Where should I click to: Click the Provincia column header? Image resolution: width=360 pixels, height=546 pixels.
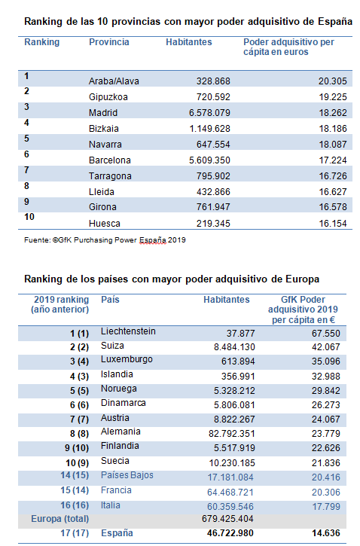tap(109, 42)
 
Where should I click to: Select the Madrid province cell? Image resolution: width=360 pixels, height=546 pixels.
tap(103, 113)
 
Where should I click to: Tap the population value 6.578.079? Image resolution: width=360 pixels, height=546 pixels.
tap(209, 113)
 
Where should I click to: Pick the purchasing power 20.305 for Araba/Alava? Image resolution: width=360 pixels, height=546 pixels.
tap(332, 81)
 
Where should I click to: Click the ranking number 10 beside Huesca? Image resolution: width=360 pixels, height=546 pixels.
tap(29, 217)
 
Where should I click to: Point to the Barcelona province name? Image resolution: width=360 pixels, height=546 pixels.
tap(110, 160)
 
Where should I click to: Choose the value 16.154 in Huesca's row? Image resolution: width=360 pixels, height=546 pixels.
tap(333, 224)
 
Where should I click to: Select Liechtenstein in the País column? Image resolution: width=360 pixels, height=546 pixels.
tap(128, 331)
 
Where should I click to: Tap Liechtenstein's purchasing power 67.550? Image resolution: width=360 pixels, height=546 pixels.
tap(326, 333)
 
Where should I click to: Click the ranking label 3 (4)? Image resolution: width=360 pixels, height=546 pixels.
tap(79, 361)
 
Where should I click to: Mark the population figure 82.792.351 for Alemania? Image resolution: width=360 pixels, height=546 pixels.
tap(231, 434)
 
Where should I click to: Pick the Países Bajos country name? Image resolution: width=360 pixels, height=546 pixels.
tap(127, 475)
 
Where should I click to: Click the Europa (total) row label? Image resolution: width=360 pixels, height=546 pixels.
tap(60, 519)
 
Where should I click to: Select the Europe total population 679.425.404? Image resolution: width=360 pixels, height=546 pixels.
tap(227, 519)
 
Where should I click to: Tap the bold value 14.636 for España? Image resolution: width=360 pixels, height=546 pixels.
tap(326, 533)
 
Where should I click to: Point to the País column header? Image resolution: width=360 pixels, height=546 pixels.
tap(110, 300)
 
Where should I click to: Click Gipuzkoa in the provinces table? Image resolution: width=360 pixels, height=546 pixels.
tap(108, 97)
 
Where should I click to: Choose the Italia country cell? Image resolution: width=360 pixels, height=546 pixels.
tap(111, 505)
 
